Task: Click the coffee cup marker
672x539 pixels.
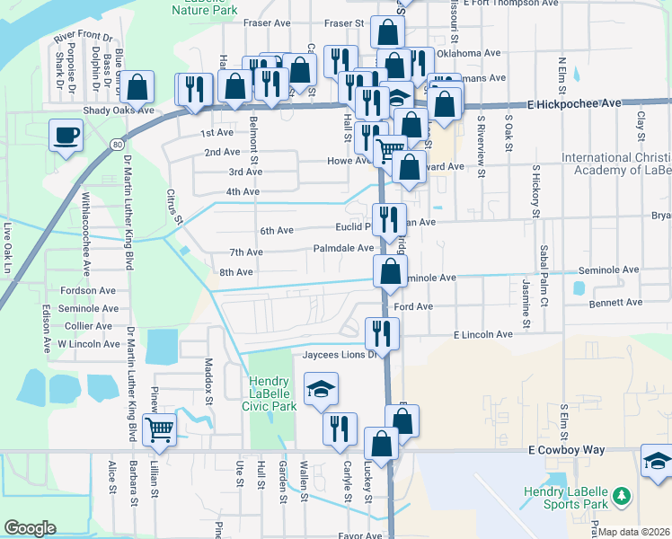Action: pyautogui.click(x=66, y=137)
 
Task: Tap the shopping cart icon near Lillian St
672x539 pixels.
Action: pyautogui.click(x=159, y=430)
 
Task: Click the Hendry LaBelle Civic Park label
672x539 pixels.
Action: pyautogui.click(x=272, y=393)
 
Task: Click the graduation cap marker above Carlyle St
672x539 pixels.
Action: pyautogui.click(x=321, y=389)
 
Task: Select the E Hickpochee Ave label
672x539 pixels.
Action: pyautogui.click(x=574, y=104)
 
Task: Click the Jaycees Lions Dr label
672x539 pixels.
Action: pyautogui.click(x=336, y=355)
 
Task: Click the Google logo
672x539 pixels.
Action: pyautogui.click(x=30, y=528)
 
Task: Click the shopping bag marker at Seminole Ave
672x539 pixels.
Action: pyautogui.click(x=390, y=272)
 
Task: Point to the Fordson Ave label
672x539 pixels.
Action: pyautogui.click(x=88, y=291)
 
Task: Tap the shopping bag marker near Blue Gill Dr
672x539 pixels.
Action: pyautogui.click(x=137, y=88)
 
